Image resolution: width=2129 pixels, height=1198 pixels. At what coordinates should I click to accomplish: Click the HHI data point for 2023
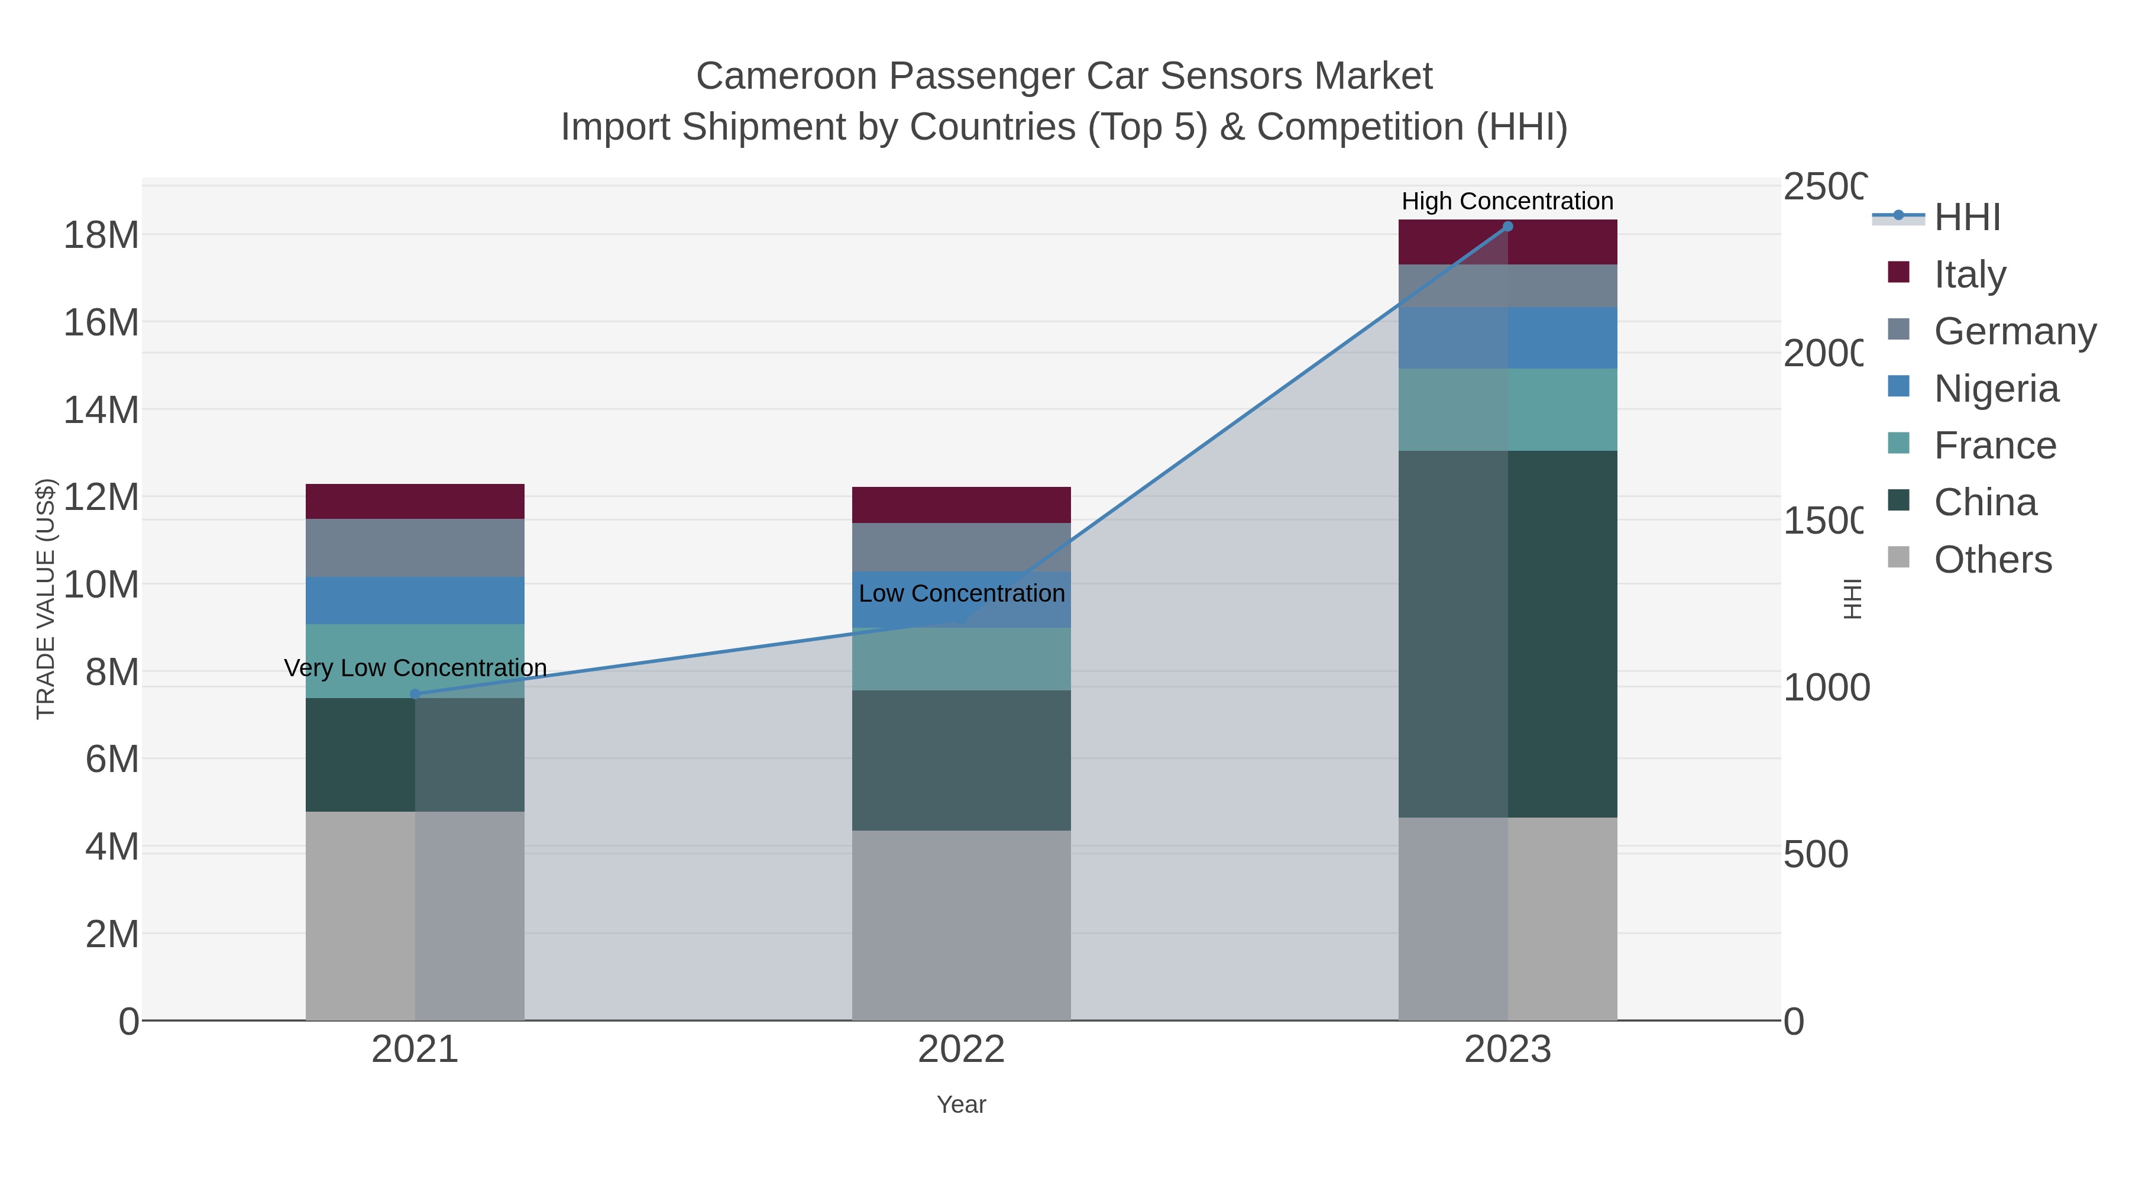click(1507, 227)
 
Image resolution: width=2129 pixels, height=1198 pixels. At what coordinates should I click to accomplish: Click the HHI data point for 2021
click(415, 695)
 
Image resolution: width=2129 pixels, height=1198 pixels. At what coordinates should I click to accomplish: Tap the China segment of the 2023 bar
click(1507, 634)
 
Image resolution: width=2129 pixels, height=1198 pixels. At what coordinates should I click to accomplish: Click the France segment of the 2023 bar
click(1507, 410)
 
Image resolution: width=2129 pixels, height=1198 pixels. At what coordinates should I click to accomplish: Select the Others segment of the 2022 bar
click(961, 925)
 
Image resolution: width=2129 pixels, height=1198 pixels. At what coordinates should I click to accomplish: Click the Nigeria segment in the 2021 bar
click(415, 600)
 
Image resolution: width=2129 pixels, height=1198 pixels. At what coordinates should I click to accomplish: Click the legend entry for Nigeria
click(1996, 389)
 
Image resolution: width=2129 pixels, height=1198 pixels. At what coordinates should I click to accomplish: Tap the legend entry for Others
click(1992, 560)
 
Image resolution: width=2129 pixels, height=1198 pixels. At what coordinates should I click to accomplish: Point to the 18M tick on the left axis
click(101, 235)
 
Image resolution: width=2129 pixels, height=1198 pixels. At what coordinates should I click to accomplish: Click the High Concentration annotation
click(1507, 201)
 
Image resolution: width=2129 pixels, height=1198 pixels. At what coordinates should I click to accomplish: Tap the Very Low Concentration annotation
click(415, 668)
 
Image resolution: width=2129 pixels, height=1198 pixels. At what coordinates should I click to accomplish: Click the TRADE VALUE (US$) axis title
click(46, 599)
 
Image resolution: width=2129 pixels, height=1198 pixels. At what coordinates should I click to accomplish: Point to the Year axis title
click(961, 1105)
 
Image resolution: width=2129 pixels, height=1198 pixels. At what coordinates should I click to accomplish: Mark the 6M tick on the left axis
click(112, 759)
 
